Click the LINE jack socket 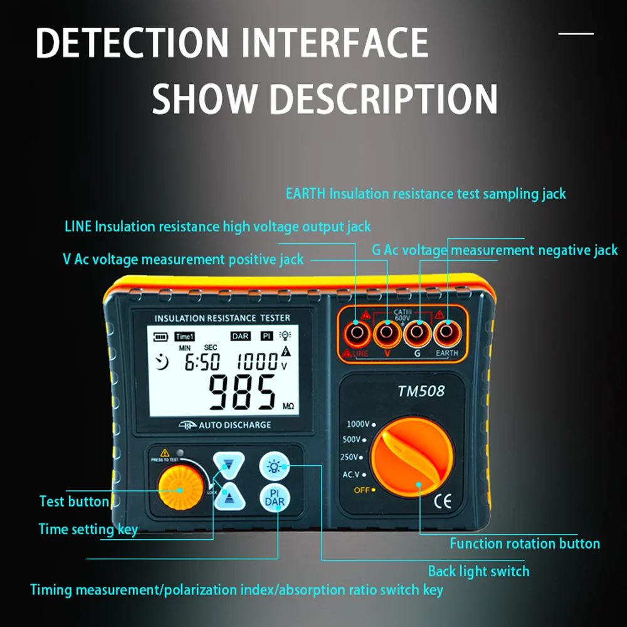[356, 334]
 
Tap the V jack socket [387, 334]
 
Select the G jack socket [417, 334]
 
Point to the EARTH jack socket [447, 334]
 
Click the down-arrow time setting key [226, 466]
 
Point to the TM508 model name [421, 391]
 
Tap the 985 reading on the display [242, 393]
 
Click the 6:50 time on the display [202, 362]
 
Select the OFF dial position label [362, 490]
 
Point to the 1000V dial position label [358, 424]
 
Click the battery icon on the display [162, 337]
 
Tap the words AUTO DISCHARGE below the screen [234, 425]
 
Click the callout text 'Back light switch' [478, 571]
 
